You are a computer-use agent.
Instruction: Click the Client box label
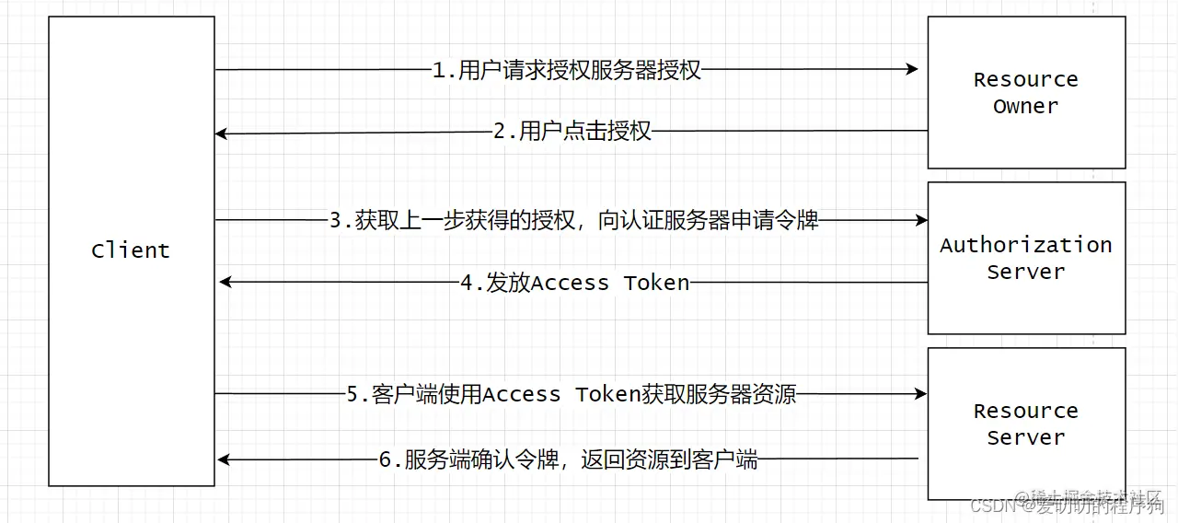[x=131, y=250]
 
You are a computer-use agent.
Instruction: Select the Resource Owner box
[x=1026, y=92]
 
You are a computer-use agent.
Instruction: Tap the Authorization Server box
[x=1026, y=258]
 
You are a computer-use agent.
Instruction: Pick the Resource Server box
[x=1026, y=424]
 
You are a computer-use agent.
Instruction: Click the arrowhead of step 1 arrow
[x=912, y=69]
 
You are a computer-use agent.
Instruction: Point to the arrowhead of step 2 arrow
[x=222, y=134]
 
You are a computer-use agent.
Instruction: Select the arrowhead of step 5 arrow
[x=920, y=394]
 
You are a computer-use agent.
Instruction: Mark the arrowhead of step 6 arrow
[x=224, y=459]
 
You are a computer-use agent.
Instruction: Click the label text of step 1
[x=567, y=71]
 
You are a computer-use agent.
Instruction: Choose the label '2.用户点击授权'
[x=572, y=132]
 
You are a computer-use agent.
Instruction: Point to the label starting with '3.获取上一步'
[x=574, y=221]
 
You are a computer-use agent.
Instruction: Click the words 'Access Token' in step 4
[x=611, y=283]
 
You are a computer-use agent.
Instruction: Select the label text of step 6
[x=569, y=459]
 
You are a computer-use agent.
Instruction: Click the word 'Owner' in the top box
[x=1026, y=106]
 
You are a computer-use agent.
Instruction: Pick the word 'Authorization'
[x=1026, y=245]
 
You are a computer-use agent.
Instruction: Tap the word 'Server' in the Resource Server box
[x=1026, y=437]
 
